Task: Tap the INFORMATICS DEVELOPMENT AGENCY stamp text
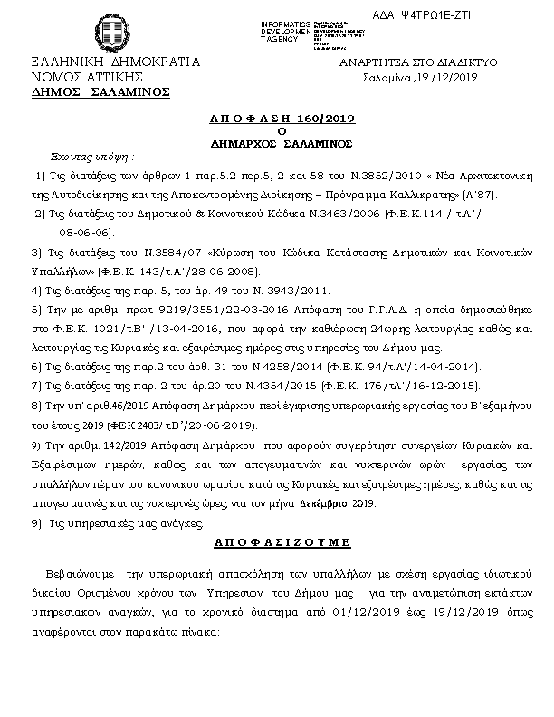[x=285, y=31]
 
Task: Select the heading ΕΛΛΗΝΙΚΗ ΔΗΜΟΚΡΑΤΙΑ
[x=115, y=63]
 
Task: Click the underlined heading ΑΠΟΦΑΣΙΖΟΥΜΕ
[x=269, y=541]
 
